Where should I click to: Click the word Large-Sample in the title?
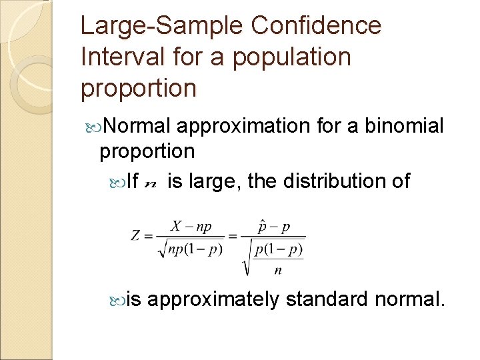(164, 27)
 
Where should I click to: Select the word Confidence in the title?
(317, 27)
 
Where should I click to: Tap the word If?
(131, 181)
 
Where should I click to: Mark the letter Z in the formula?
(136, 236)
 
